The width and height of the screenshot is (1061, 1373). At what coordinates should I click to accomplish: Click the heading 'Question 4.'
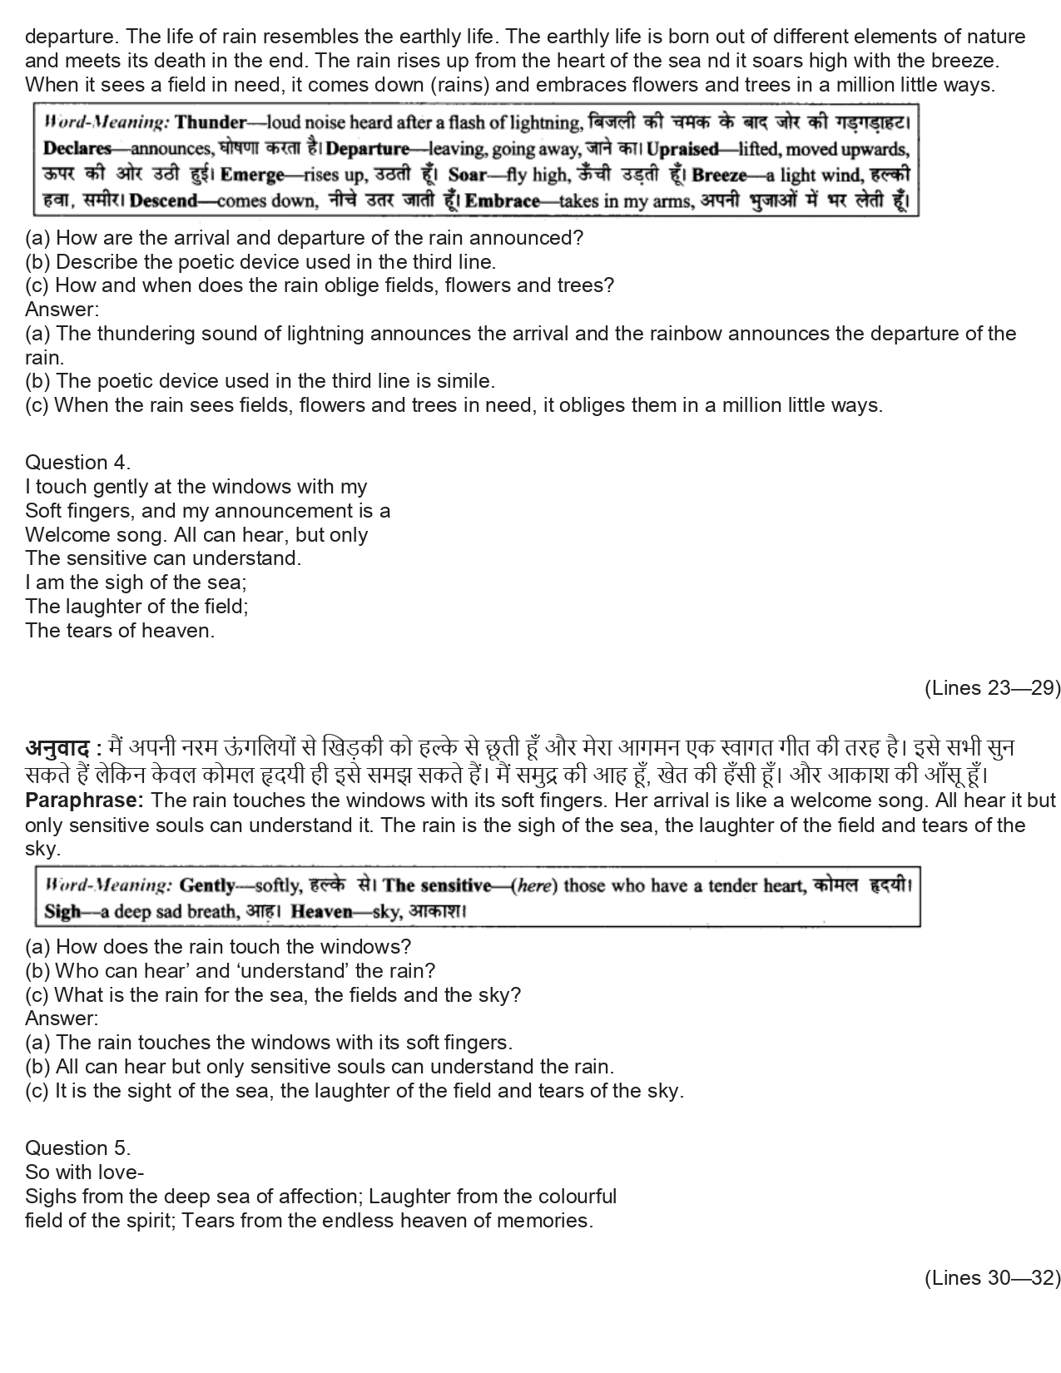point(77,463)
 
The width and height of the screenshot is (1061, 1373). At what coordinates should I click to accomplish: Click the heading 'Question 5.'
point(77,1148)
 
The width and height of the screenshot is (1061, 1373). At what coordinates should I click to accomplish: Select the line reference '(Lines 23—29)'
point(992,688)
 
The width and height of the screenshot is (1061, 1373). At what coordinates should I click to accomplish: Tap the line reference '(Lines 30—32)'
point(992,1278)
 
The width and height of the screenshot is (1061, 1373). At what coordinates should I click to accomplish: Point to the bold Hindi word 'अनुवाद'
point(57,748)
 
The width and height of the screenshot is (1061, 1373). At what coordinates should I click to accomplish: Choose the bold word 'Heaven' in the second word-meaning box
point(324,911)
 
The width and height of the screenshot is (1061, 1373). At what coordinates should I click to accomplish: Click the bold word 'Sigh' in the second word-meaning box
point(62,911)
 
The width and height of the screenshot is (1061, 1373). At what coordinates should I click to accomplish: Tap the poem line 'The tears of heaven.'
point(120,631)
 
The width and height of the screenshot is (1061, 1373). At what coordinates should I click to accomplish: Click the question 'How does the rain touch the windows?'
point(233,947)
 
